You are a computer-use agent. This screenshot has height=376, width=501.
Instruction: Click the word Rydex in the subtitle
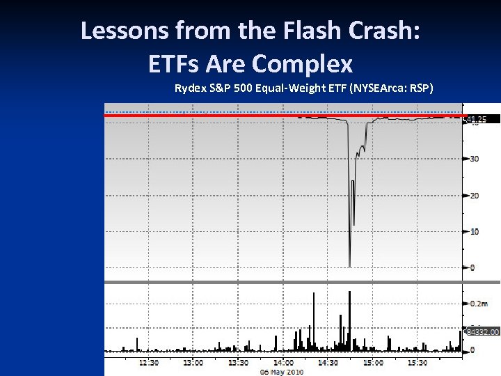click(189, 88)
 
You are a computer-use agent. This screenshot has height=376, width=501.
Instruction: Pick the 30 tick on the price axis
click(475, 159)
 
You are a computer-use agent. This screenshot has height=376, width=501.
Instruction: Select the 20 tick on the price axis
click(475, 195)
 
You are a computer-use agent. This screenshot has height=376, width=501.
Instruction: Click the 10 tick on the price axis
click(475, 231)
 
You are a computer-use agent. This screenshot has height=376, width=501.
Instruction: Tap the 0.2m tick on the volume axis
click(478, 304)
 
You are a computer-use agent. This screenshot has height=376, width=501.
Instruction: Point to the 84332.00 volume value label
click(482, 332)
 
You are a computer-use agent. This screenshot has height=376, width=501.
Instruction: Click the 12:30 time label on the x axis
click(148, 362)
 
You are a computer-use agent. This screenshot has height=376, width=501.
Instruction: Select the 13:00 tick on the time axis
click(193, 362)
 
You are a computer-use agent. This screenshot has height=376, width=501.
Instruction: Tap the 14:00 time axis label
click(283, 362)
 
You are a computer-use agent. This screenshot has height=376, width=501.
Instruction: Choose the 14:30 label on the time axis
click(328, 362)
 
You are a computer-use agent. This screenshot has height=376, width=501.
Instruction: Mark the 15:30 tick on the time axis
click(417, 362)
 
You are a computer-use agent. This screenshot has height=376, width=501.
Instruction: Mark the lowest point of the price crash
click(349, 266)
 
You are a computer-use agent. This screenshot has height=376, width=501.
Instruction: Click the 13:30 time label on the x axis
click(238, 362)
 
